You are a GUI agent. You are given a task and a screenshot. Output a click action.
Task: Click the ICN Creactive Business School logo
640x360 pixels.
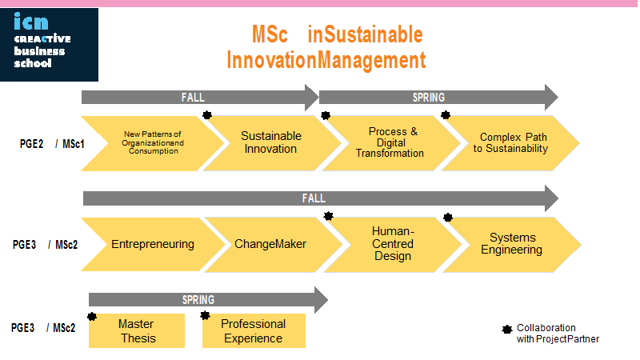(x=49, y=45)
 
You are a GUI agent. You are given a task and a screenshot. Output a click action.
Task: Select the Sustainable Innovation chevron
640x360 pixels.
(x=272, y=143)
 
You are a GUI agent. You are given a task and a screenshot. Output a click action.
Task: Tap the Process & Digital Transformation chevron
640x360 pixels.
(x=391, y=143)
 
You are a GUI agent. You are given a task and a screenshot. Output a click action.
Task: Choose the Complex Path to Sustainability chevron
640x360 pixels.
(x=510, y=143)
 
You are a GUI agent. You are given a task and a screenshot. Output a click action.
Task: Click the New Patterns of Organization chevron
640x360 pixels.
(x=153, y=143)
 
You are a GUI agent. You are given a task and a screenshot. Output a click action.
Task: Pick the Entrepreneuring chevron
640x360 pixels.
(x=153, y=244)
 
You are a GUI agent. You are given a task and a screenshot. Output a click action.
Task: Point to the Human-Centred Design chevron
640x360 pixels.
(x=393, y=245)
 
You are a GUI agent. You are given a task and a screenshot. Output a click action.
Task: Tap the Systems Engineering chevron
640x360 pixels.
(x=512, y=245)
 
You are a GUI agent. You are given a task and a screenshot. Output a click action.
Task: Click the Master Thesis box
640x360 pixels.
(x=137, y=330)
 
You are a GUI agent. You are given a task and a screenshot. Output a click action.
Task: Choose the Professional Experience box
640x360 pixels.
(x=254, y=330)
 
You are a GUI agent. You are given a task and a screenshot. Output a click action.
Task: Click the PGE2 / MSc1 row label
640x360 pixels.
(x=52, y=144)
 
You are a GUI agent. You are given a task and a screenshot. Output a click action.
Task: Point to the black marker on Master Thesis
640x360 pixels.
(x=92, y=316)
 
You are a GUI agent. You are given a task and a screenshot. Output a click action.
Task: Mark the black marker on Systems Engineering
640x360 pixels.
(x=448, y=217)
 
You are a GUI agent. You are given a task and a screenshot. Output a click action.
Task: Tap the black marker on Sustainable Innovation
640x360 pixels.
(x=207, y=115)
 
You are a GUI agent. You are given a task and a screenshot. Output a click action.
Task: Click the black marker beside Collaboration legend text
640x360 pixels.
(x=507, y=329)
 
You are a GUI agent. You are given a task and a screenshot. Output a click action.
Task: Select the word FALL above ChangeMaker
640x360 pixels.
(x=314, y=198)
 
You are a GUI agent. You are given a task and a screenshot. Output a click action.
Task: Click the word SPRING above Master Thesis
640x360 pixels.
(x=198, y=300)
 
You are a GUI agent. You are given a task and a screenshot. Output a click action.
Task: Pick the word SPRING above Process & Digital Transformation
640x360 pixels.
(x=429, y=98)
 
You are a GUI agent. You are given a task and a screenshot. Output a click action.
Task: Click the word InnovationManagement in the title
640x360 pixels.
(x=326, y=61)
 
